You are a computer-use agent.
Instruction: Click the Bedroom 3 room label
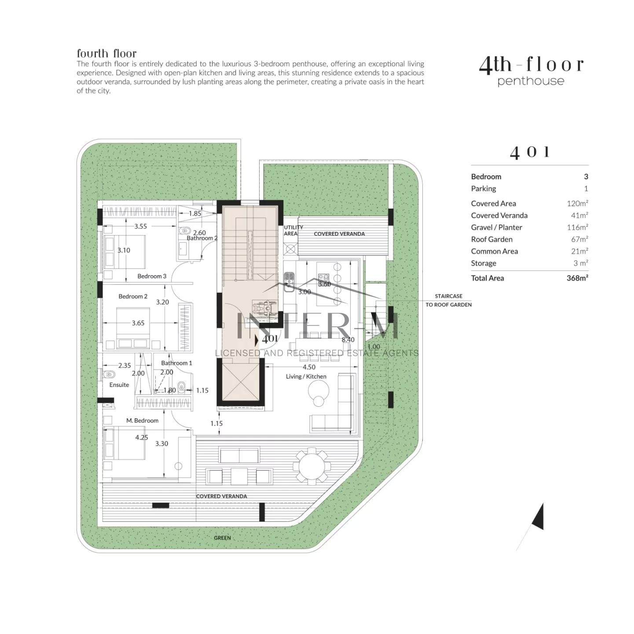(x=152, y=276)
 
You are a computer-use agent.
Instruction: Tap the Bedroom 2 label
(x=133, y=296)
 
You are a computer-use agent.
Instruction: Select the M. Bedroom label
(x=142, y=420)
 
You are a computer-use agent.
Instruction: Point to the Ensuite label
(x=119, y=385)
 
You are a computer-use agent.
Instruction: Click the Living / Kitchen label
(x=306, y=376)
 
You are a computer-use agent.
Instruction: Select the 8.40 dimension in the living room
(x=348, y=339)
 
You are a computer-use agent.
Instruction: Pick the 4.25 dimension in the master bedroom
(x=142, y=437)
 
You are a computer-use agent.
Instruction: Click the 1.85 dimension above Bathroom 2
(x=195, y=214)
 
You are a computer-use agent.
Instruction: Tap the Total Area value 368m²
(x=577, y=278)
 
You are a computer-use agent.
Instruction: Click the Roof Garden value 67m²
(x=579, y=239)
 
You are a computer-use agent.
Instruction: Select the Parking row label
(x=483, y=188)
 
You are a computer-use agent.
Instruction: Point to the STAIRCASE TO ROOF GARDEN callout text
(x=448, y=300)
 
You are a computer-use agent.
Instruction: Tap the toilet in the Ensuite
(x=109, y=375)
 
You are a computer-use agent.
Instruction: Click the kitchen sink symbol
(x=289, y=282)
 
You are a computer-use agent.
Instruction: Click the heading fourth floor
(x=106, y=53)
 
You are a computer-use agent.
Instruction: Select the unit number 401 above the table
(x=529, y=152)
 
